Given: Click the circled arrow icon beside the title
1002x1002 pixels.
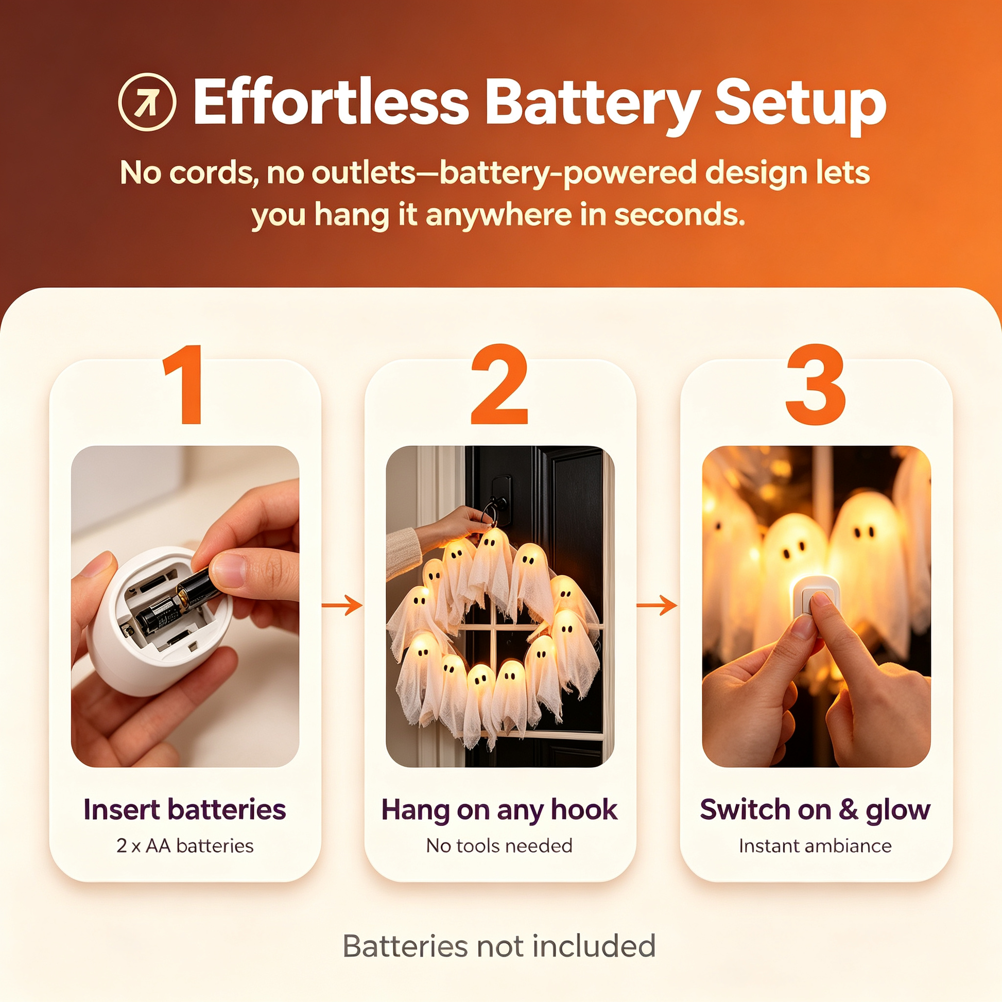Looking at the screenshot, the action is tap(147, 101).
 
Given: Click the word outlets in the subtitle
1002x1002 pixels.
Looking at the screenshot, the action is tap(364, 172).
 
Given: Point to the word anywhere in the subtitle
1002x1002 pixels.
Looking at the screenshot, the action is tap(497, 216).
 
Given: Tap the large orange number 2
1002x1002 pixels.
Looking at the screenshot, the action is tap(499, 384).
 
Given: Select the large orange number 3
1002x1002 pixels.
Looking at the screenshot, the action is tap(816, 384).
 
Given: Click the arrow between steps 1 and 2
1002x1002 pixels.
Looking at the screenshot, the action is tap(342, 605).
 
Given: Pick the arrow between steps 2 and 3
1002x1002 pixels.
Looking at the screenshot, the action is tap(657, 605).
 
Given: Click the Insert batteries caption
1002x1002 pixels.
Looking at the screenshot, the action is tap(185, 809).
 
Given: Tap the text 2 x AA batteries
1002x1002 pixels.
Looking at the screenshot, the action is tap(185, 846).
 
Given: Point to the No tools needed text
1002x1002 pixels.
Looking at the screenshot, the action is tap(499, 846).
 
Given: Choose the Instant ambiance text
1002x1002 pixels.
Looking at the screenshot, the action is tap(815, 846).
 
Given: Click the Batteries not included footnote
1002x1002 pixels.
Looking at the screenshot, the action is tap(499, 946).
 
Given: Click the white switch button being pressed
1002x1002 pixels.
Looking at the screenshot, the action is tap(815, 596).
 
